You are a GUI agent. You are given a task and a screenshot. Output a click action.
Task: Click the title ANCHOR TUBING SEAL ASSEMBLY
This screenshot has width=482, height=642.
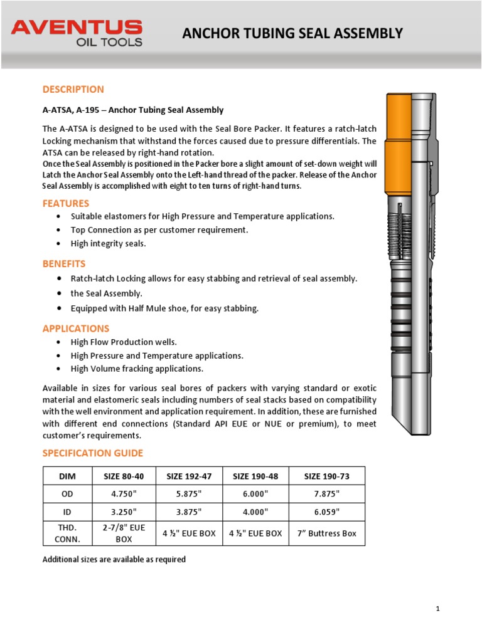[x=292, y=34]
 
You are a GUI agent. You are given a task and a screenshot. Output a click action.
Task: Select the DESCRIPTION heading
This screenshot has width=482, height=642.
[x=73, y=89]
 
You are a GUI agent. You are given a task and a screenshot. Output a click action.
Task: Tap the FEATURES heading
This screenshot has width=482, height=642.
[x=65, y=203]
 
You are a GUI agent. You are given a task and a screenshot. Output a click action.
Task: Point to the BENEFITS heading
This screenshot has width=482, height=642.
[x=63, y=263]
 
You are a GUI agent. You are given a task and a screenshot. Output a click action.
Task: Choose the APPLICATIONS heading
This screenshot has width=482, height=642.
[x=75, y=329]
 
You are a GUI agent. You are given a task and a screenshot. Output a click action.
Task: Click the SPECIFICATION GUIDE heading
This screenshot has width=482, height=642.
[x=92, y=453]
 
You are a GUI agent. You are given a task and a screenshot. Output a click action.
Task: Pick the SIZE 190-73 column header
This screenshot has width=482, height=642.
[x=326, y=476]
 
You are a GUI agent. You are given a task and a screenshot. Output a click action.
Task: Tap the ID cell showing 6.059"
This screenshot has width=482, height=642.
[x=326, y=512]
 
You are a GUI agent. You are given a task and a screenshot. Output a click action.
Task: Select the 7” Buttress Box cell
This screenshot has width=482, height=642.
[x=326, y=534]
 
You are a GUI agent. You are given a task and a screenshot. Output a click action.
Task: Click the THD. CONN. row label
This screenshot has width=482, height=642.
[x=67, y=534]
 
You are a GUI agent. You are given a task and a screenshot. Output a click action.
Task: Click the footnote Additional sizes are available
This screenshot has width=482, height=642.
[x=114, y=559]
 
